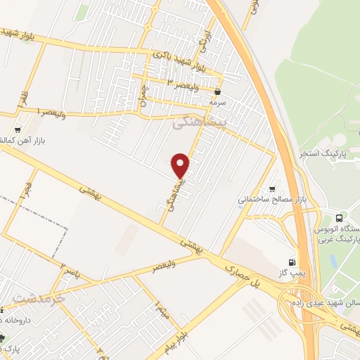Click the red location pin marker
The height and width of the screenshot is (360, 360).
tap(181, 166)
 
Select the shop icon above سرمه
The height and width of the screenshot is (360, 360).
tap(218, 91)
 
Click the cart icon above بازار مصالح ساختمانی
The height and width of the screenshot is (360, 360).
tap(273, 188)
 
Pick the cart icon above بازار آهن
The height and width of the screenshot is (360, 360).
tap(18, 130)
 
